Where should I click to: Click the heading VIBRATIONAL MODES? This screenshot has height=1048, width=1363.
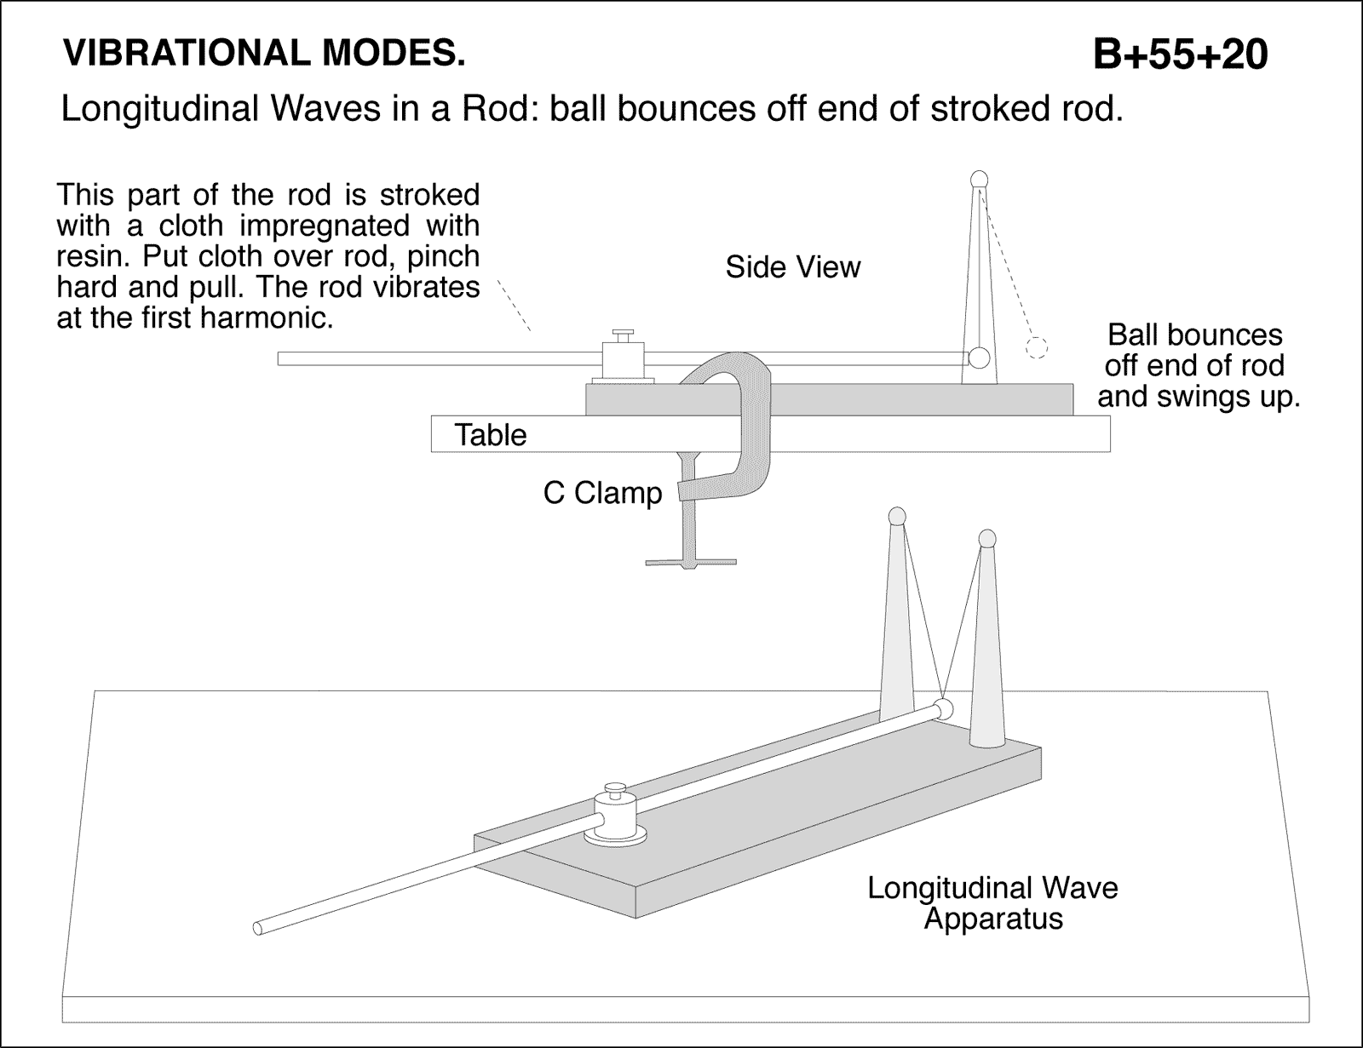[264, 54]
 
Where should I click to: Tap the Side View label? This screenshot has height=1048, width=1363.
[792, 267]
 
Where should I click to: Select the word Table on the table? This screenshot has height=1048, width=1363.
[490, 435]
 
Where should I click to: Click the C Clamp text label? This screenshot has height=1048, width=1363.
[602, 493]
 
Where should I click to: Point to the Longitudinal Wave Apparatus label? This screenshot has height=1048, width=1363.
[992, 903]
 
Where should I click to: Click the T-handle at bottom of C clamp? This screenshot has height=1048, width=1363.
[690, 560]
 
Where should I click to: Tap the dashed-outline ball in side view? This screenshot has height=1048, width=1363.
[1036, 347]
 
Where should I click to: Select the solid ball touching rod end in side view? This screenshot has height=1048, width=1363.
[980, 358]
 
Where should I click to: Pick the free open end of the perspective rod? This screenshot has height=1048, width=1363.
[259, 928]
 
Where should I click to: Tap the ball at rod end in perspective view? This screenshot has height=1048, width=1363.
[942, 708]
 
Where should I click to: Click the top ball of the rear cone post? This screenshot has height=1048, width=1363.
[896, 515]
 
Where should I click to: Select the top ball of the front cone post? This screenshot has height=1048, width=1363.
[986, 538]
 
